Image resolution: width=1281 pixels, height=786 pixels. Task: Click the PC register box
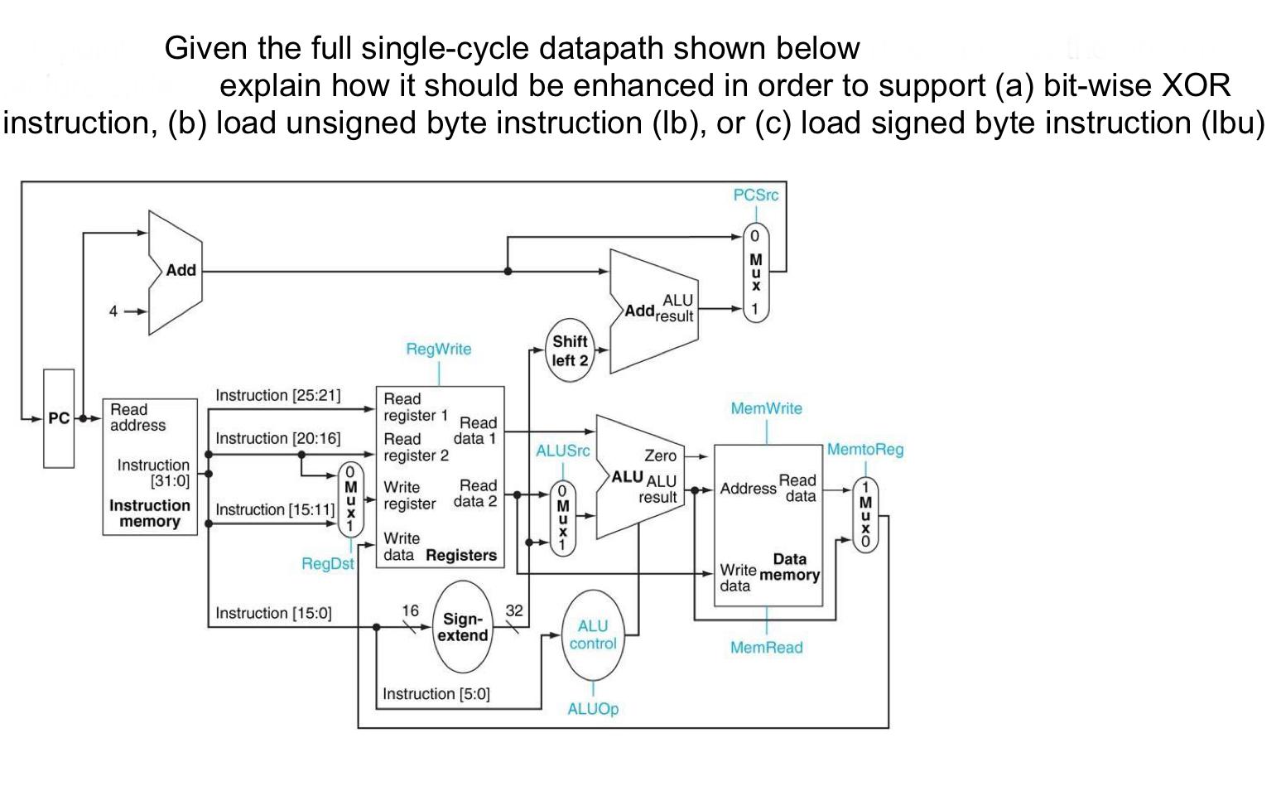coord(59,418)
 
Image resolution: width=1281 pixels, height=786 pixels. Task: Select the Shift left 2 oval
coord(570,350)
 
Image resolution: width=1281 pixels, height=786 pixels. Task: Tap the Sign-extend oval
coord(463,627)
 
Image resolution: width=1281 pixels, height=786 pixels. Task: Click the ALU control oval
coord(593,634)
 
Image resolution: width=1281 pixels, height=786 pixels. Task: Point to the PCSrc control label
coord(755,195)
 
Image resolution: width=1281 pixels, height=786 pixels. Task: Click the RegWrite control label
coord(438,349)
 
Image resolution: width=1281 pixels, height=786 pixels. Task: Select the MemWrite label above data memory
coord(766,408)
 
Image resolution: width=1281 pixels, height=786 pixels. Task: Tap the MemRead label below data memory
coord(766,648)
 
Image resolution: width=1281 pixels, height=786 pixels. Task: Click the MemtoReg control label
coord(865,450)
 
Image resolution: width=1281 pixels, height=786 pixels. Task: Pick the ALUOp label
coord(593,709)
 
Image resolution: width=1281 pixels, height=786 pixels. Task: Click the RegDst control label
coord(327,564)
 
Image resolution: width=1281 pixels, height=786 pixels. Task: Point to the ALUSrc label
coord(563,451)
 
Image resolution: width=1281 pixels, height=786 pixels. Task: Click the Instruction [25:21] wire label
coord(278,395)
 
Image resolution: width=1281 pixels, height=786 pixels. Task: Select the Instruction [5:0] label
coord(436,694)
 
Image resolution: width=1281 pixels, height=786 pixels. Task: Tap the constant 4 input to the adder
coord(113,311)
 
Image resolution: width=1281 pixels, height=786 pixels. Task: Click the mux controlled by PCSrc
coord(755,272)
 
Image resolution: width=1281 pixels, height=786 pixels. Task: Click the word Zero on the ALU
coord(660,456)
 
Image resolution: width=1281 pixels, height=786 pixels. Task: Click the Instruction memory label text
coord(150,514)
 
